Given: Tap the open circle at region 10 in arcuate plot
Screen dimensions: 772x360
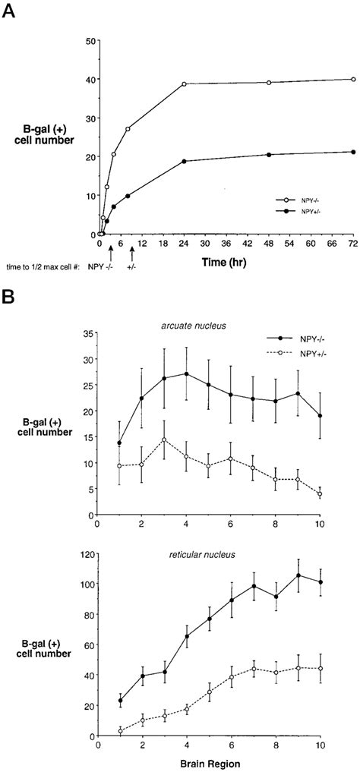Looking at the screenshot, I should click(x=321, y=493).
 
